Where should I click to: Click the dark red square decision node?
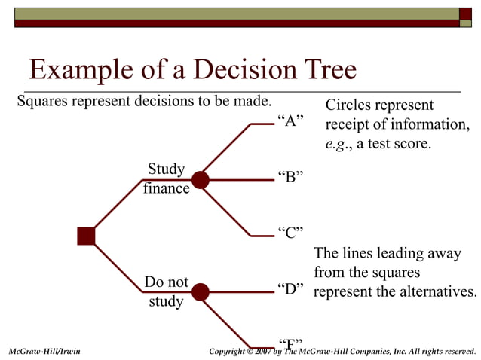[x=86, y=236]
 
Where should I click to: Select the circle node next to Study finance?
[x=200, y=180]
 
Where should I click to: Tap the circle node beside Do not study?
[x=200, y=292]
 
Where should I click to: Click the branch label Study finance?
[x=166, y=178]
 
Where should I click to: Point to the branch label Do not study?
[x=166, y=291]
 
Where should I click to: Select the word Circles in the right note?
[x=349, y=105]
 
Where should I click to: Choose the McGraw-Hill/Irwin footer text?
[x=44, y=352]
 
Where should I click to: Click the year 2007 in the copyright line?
[x=265, y=352]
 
